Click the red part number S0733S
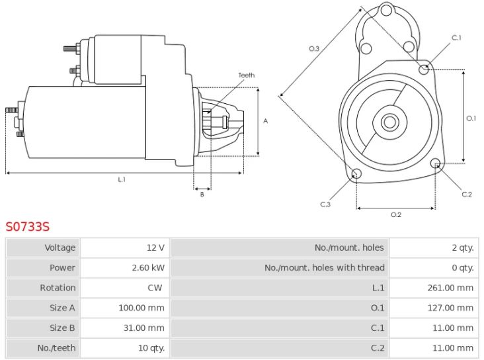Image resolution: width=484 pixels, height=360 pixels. click(x=28, y=226)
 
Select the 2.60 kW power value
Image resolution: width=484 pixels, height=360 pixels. click(x=148, y=267)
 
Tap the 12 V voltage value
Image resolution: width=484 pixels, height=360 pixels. click(x=155, y=247)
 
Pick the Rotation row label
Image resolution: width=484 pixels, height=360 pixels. click(x=58, y=288)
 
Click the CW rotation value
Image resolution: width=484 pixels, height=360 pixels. click(x=155, y=288)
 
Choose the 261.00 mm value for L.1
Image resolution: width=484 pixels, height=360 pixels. click(x=450, y=288)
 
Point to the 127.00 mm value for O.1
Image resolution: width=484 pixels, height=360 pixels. click(x=450, y=308)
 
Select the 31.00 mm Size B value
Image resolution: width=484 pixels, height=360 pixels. click(x=144, y=328)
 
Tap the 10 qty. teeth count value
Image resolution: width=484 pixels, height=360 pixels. click(x=151, y=348)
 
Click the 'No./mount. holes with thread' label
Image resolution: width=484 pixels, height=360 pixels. click(x=325, y=267)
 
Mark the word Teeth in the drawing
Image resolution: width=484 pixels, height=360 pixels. click(x=247, y=75)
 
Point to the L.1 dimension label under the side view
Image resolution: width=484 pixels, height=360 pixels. click(x=122, y=179)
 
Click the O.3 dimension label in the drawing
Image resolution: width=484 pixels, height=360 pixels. click(x=314, y=48)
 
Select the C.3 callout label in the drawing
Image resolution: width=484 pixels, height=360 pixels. click(x=325, y=204)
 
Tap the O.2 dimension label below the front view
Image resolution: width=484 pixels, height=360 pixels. click(x=396, y=214)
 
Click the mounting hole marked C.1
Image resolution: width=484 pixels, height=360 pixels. click(x=424, y=69)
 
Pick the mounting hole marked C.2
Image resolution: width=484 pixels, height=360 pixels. click(x=436, y=163)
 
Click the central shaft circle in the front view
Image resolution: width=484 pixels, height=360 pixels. click(x=390, y=122)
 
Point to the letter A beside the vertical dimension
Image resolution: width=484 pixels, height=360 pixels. click(x=265, y=121)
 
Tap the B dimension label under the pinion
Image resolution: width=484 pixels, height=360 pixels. click(x=202, y=195)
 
